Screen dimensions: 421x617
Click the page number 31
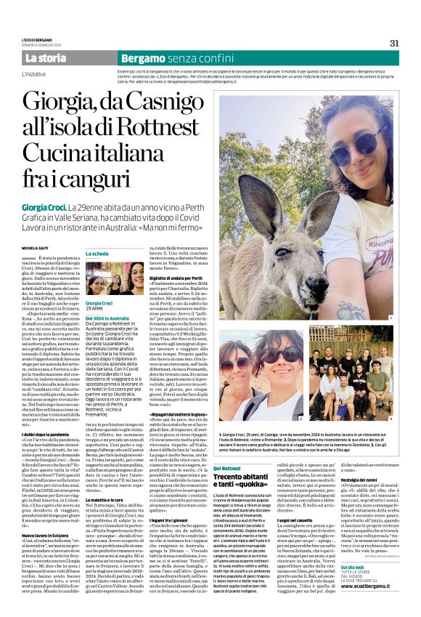click(394, 42)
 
